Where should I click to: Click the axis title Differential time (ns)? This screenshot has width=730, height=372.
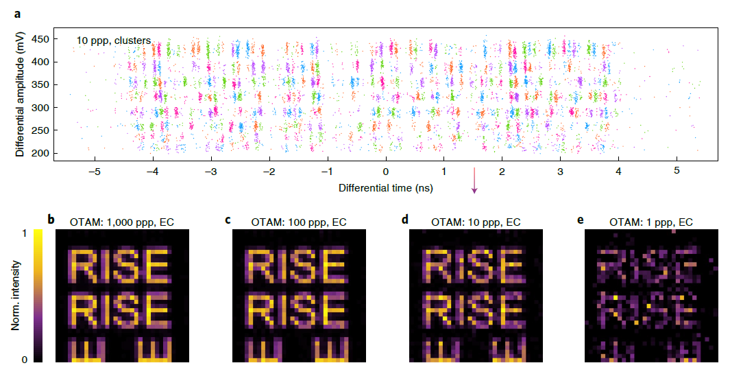click(385, 187)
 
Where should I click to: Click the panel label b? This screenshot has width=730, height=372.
click(51, 220)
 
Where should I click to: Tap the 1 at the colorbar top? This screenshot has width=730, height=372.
click(25, 233)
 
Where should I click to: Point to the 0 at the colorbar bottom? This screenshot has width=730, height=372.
click(25, 359)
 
